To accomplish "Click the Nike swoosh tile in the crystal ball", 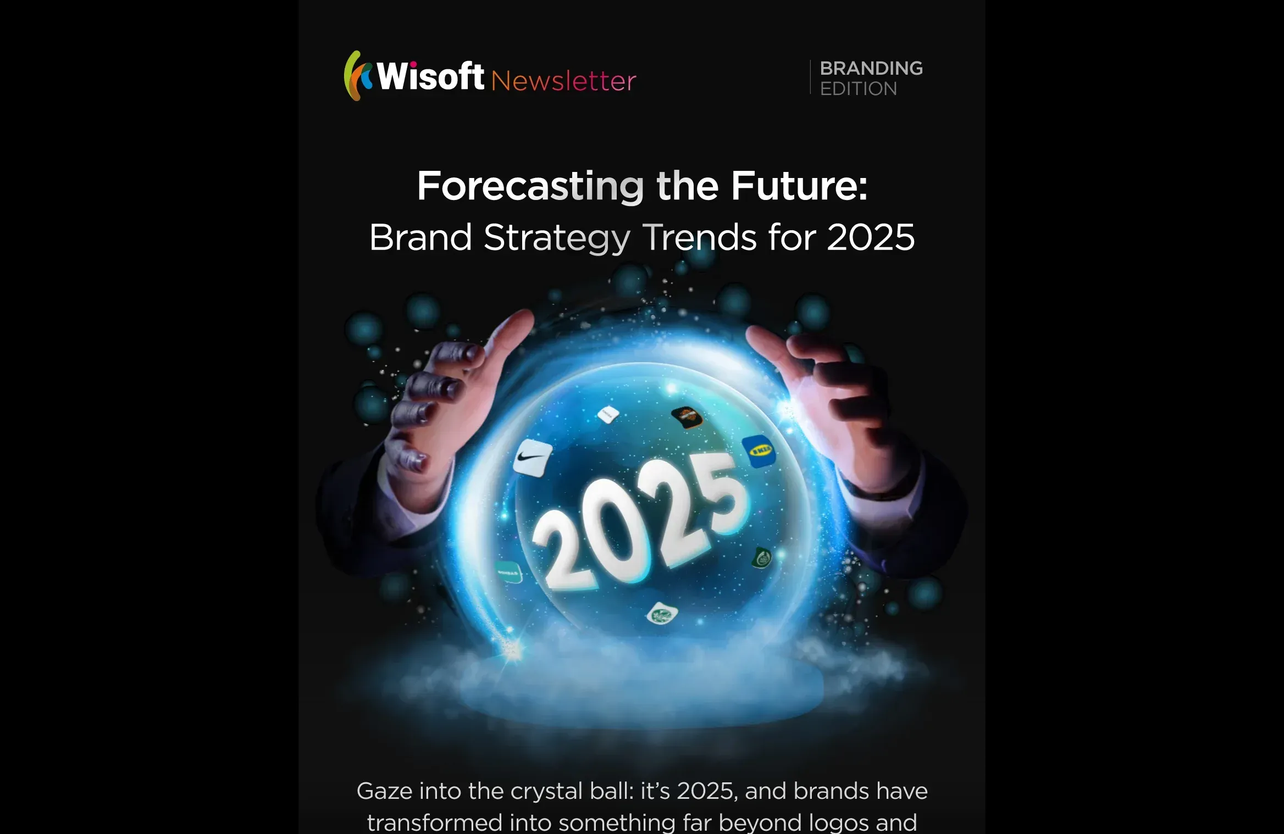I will [x=533, y=457].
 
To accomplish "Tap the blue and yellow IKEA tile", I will [x=760, y=451].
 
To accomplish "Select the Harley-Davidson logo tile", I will [x=687, y=417].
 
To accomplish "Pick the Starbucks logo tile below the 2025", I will [x=661, y=613].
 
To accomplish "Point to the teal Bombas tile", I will [x=508, y=572].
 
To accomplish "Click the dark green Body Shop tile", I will [x=762, y=558].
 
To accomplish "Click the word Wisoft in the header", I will [x=430, y=76].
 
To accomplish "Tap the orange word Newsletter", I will [x=563, y=81].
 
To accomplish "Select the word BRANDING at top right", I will [x=871, y=68].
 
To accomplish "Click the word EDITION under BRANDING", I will [x=859, y=88].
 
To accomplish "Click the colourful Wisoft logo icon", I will [x=357, y=76].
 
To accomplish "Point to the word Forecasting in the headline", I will [x=530, y=186].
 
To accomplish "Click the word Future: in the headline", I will [x=799, y=186].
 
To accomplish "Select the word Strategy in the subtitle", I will [x=556, y=238].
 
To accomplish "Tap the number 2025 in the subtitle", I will [x=871, y=237].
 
